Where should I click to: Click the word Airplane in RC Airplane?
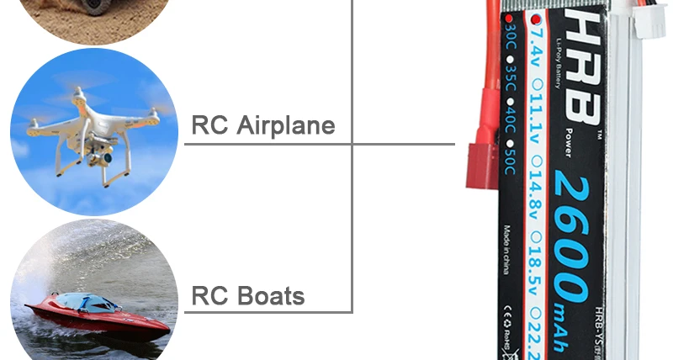tap(286, 125)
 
